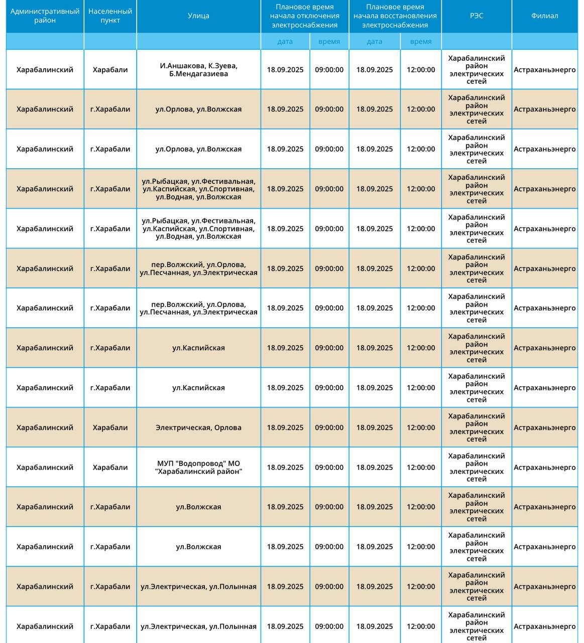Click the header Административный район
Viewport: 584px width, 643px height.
coord(45,16)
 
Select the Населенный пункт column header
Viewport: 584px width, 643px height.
coord(110,16)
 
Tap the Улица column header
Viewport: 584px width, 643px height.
coord(198,16)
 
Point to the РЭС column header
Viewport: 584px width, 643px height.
coord(477,16)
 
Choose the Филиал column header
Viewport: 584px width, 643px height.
coord(544,16)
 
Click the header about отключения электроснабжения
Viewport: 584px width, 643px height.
coord(304,16)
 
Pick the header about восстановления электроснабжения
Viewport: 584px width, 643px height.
coord(395,16)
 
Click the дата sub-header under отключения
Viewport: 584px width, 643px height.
coord(285,42)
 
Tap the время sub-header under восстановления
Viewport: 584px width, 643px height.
coord(420,42)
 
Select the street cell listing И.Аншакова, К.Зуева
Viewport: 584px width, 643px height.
coord(198,66)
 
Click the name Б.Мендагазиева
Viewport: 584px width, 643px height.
coord(198,74)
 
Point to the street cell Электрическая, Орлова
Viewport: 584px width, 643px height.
coord(198,427)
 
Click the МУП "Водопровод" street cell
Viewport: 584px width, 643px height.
coord(198,467)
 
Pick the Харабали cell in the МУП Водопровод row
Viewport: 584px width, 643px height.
coord(110,467)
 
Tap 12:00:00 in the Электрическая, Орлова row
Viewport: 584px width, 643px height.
coord(421,427)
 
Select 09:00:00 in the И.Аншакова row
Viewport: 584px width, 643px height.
coord(329,70)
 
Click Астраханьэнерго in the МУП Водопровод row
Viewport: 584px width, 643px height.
coord(544,467)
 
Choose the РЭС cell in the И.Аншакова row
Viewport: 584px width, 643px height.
coord(477,70)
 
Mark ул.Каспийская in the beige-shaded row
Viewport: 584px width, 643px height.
coord(198,348)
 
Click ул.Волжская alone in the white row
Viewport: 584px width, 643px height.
coord(198,547)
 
